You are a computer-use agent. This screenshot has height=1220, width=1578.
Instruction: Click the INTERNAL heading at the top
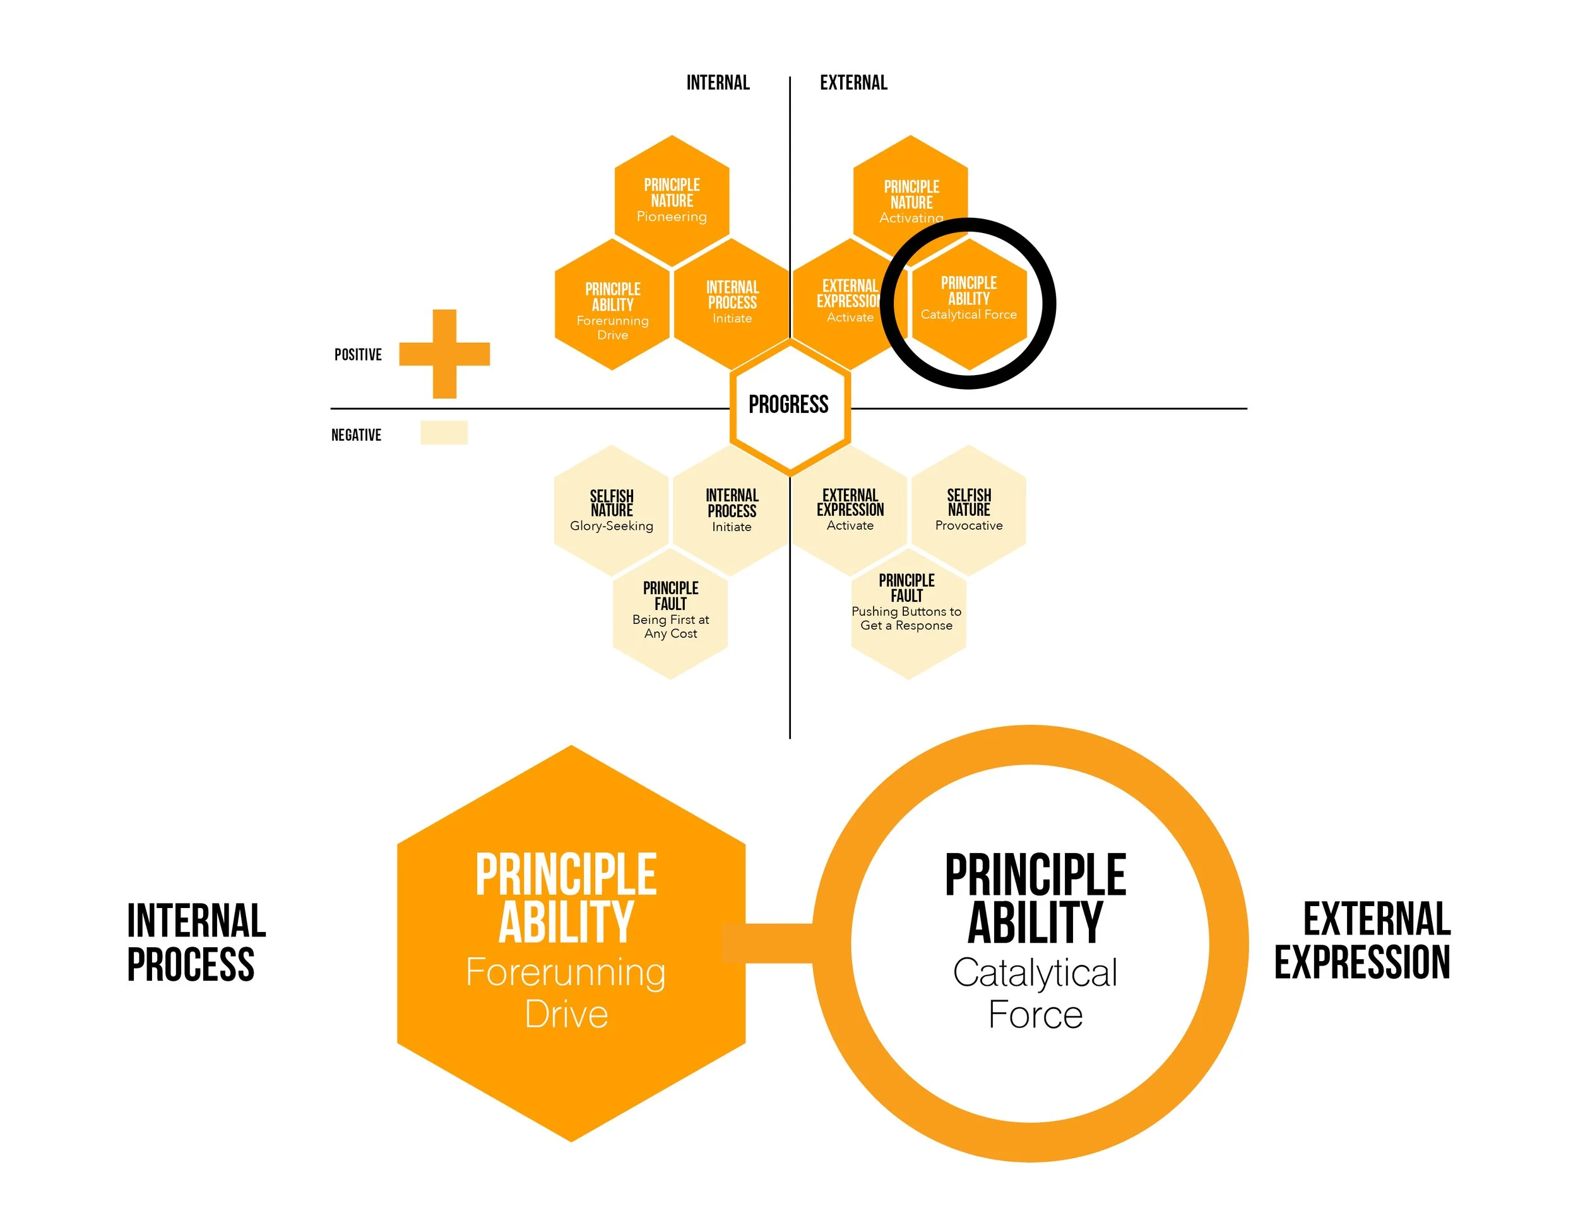click(x=718, y=82)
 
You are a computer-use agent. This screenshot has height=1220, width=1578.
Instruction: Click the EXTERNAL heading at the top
click(x=853, y=82)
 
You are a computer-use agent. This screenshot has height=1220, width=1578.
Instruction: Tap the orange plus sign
click(x=444, y=354)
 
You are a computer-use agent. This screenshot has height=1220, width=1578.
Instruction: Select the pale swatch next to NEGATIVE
click(x=444, y=432)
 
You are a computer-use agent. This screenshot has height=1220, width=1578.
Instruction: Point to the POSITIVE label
click(x=358, y=355)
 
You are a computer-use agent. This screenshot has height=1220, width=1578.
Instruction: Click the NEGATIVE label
click(x=356, y=435)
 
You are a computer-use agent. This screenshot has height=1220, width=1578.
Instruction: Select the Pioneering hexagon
click(x=671, y=200)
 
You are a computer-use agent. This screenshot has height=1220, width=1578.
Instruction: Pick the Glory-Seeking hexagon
click(x=611, y=510)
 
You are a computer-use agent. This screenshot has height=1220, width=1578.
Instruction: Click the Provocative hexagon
click(x=968, y=510)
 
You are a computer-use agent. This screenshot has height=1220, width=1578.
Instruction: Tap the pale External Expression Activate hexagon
click(x=850, y=510)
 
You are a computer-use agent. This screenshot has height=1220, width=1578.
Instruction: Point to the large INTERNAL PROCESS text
click(x=195, y=942)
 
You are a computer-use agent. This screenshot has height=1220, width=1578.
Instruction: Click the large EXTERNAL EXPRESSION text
click(x=1363, y=940)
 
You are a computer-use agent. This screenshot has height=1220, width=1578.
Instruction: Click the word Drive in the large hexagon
click(x=566, y=1014)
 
